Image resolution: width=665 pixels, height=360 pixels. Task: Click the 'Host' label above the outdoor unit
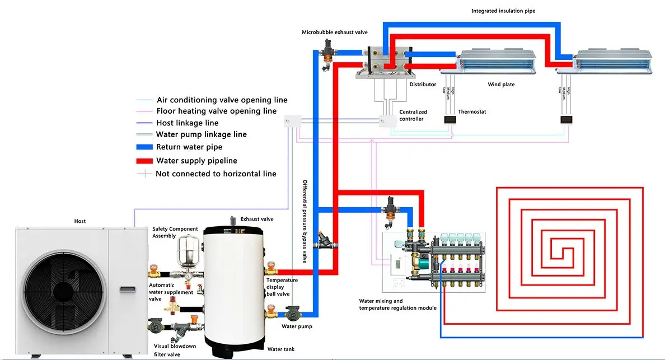pyautogui.click(x=80, y=222)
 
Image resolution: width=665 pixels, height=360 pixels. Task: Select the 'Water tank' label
pyautogui.click(x=280, y=349)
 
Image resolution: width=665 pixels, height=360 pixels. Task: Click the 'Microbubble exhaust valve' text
pyautogui.click(x=335, y=32)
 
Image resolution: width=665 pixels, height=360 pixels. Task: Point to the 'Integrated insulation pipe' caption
pyautogui.click(x=503, y=11)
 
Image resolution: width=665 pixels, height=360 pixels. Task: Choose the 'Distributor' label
pyautogui.click(x=423, y=85)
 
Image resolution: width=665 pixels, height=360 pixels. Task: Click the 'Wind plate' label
pyautogui.click(x=501, y=85)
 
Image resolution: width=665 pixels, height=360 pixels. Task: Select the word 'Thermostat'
pyautogui.click(x=472, y=112)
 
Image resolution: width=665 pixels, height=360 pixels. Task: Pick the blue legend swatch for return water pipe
pyautogui.click(x=144, y=147)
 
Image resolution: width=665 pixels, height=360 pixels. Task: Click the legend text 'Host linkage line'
pyautogui.click(x=187, y=123)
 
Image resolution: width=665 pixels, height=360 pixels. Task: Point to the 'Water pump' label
pyautogui.click(x=297, y=326)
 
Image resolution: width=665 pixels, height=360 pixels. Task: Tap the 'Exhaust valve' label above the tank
pyautogui.click(x=257, y=219)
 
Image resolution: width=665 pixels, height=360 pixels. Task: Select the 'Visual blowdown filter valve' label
pyautogui.click(x=175, y=350)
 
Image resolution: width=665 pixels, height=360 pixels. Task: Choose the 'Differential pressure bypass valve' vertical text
pyautogui.click(x=305, y=221)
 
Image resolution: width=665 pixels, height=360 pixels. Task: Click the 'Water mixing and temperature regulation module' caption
pyautogui.click(x=397, y=305)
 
